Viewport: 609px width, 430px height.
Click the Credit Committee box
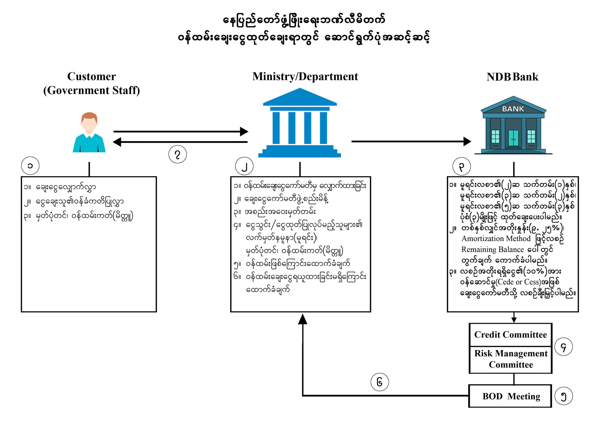[510, 335]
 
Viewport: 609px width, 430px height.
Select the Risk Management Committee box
[511, 359]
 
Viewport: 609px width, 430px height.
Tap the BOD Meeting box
[511, 396]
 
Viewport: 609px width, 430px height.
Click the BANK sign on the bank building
[513, 109]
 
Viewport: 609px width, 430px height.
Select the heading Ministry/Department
[305, 76]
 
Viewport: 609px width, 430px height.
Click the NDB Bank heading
[512, 77]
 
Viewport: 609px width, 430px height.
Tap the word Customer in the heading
[92, 76]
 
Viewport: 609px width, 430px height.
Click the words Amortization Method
[496, 239]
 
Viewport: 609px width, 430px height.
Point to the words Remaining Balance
[493, 249]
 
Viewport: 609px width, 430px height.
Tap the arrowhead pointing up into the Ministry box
[303, 319]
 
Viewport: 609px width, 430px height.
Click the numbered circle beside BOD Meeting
[564, 396]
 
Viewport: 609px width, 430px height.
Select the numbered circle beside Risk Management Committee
[563, 347]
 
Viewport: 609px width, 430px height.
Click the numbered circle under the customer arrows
[177, 154]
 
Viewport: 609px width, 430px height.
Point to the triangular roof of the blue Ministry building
[300, 97]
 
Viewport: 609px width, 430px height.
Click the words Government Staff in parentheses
[92, 90]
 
